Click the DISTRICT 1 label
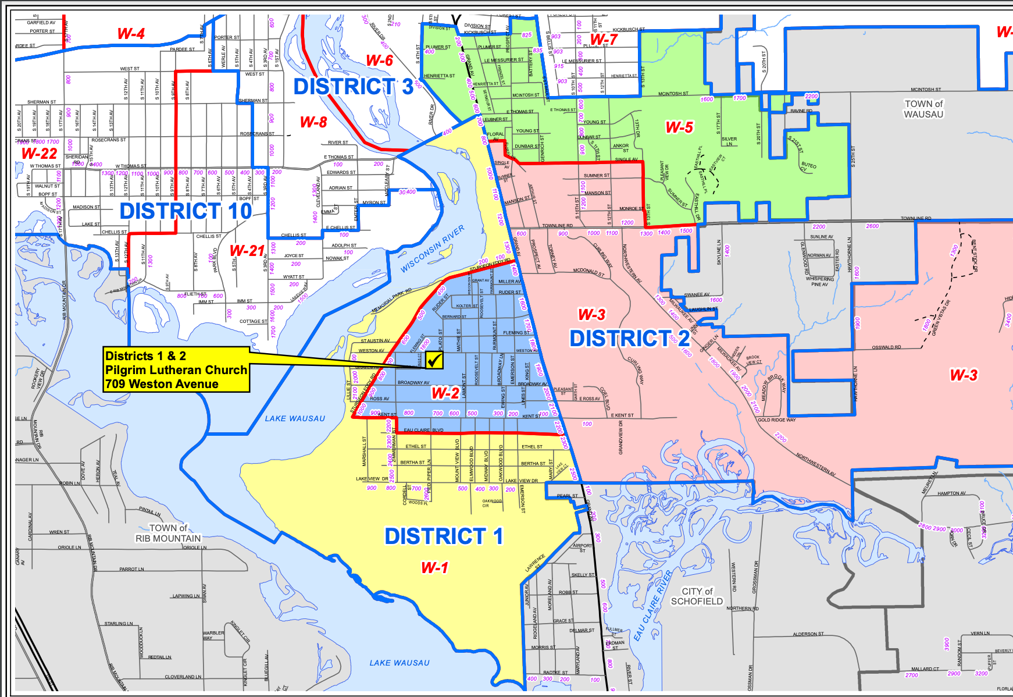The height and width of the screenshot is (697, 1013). pyautogui.click(x=444, y=536)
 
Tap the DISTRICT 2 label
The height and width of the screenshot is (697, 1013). pyautogui.click(x=629, y=338)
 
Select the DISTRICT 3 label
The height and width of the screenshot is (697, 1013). pyautogui.click(x=353, y=87)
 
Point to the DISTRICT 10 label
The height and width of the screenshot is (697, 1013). pyautogui.click(x=186, y=211)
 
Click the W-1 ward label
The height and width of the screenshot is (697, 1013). pyautogui.click(x=435, y=567)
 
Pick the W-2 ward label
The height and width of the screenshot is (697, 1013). pyautogui.click(x=445, y=393)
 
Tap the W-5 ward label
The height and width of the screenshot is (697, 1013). pyautogui.click(x=679, y=127)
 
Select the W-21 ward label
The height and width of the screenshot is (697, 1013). pyautogui.click(x=247, y=251)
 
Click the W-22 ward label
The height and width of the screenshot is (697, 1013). pyautogui.click(x=40, y=154)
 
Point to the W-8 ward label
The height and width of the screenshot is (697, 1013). pyautogui.click(x=313, y=122)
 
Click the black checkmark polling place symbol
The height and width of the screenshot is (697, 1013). pyautogui.click(x=434, y=360)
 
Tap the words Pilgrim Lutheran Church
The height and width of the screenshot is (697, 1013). pyautogui.click(x=176, y=370)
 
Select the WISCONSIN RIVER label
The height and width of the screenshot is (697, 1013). pyautogui.click(x=433, y=249)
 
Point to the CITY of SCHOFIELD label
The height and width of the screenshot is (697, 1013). pyautogui.click(x=697, y=596)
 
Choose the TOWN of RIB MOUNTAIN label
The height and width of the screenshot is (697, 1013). pyautogui.click(x=168, y=534)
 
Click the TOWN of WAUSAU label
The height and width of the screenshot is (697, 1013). pyautogui.click(x=923, y=109)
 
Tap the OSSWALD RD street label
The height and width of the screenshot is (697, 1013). pyautogui.click(x=886, y=347)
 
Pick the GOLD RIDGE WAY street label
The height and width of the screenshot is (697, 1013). pyautogui.click(x=776, y=419)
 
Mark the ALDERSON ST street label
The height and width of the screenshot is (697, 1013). pyautogui.click(x=808, y=634)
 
